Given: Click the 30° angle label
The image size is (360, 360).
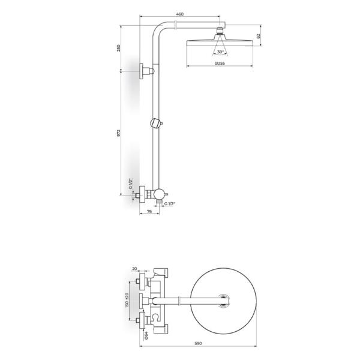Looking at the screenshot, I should pyautogui.click(x=221, y=52).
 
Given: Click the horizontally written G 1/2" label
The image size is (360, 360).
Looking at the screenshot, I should pyautogui.click(x=169, y=204).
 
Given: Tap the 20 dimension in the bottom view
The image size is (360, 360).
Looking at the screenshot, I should pyautogui.click(x=134, y=269).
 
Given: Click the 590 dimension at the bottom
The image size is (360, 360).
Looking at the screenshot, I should pyautogui.click(x=199, y=343).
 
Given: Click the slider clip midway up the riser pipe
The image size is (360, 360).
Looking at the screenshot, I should pyautogui.click(x=156, y=124).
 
